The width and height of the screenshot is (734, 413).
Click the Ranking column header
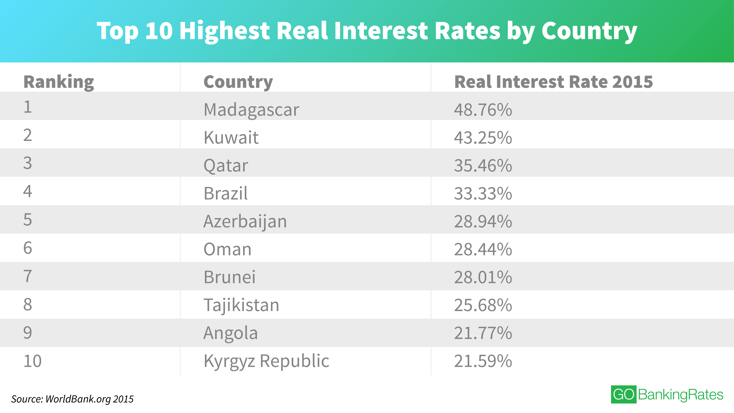click(59, 82)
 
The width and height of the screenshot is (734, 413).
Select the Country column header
click(238, 82)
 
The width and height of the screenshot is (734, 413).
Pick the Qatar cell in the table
click(226, 166)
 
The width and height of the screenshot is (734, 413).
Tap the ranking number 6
click(28, 248)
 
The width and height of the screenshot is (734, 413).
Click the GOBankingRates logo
click(667, 394)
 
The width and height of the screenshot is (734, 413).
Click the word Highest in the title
click(225, 31)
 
